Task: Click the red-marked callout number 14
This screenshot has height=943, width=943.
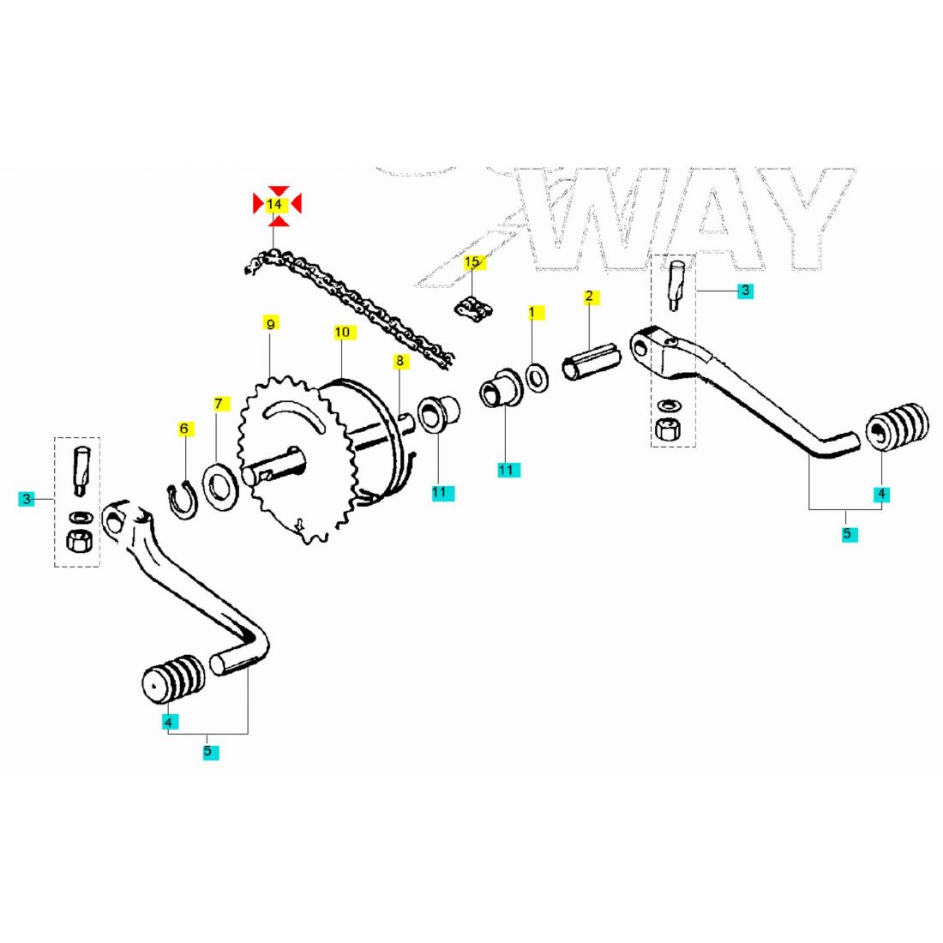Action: pyautogui.click(x=274, y=205)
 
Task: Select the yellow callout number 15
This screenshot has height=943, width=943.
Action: pyautogui.click(x=473, y=262)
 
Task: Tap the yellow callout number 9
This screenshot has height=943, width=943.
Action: pyautogui.click(x=270, y=324)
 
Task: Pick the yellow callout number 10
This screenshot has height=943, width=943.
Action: pyautogui.click(x=342, y=332)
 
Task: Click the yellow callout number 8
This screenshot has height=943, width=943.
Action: pyautogui.click(x=399, y=362)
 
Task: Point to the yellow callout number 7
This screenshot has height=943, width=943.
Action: pyautogui.click(x=219, y=403)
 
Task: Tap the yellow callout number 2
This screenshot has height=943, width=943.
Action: pyautogui.click(x=589, y=297)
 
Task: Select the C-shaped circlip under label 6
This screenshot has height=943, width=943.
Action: pyautogui.click(x=182, y=501)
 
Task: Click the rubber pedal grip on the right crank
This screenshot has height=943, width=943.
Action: pyautogui.click(x=898, y=431)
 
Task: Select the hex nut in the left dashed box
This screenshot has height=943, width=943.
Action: pyautogui.click(x=77, y=542)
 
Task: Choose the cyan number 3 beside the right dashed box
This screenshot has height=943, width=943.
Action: pyautogui.click(x=746, y=291)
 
